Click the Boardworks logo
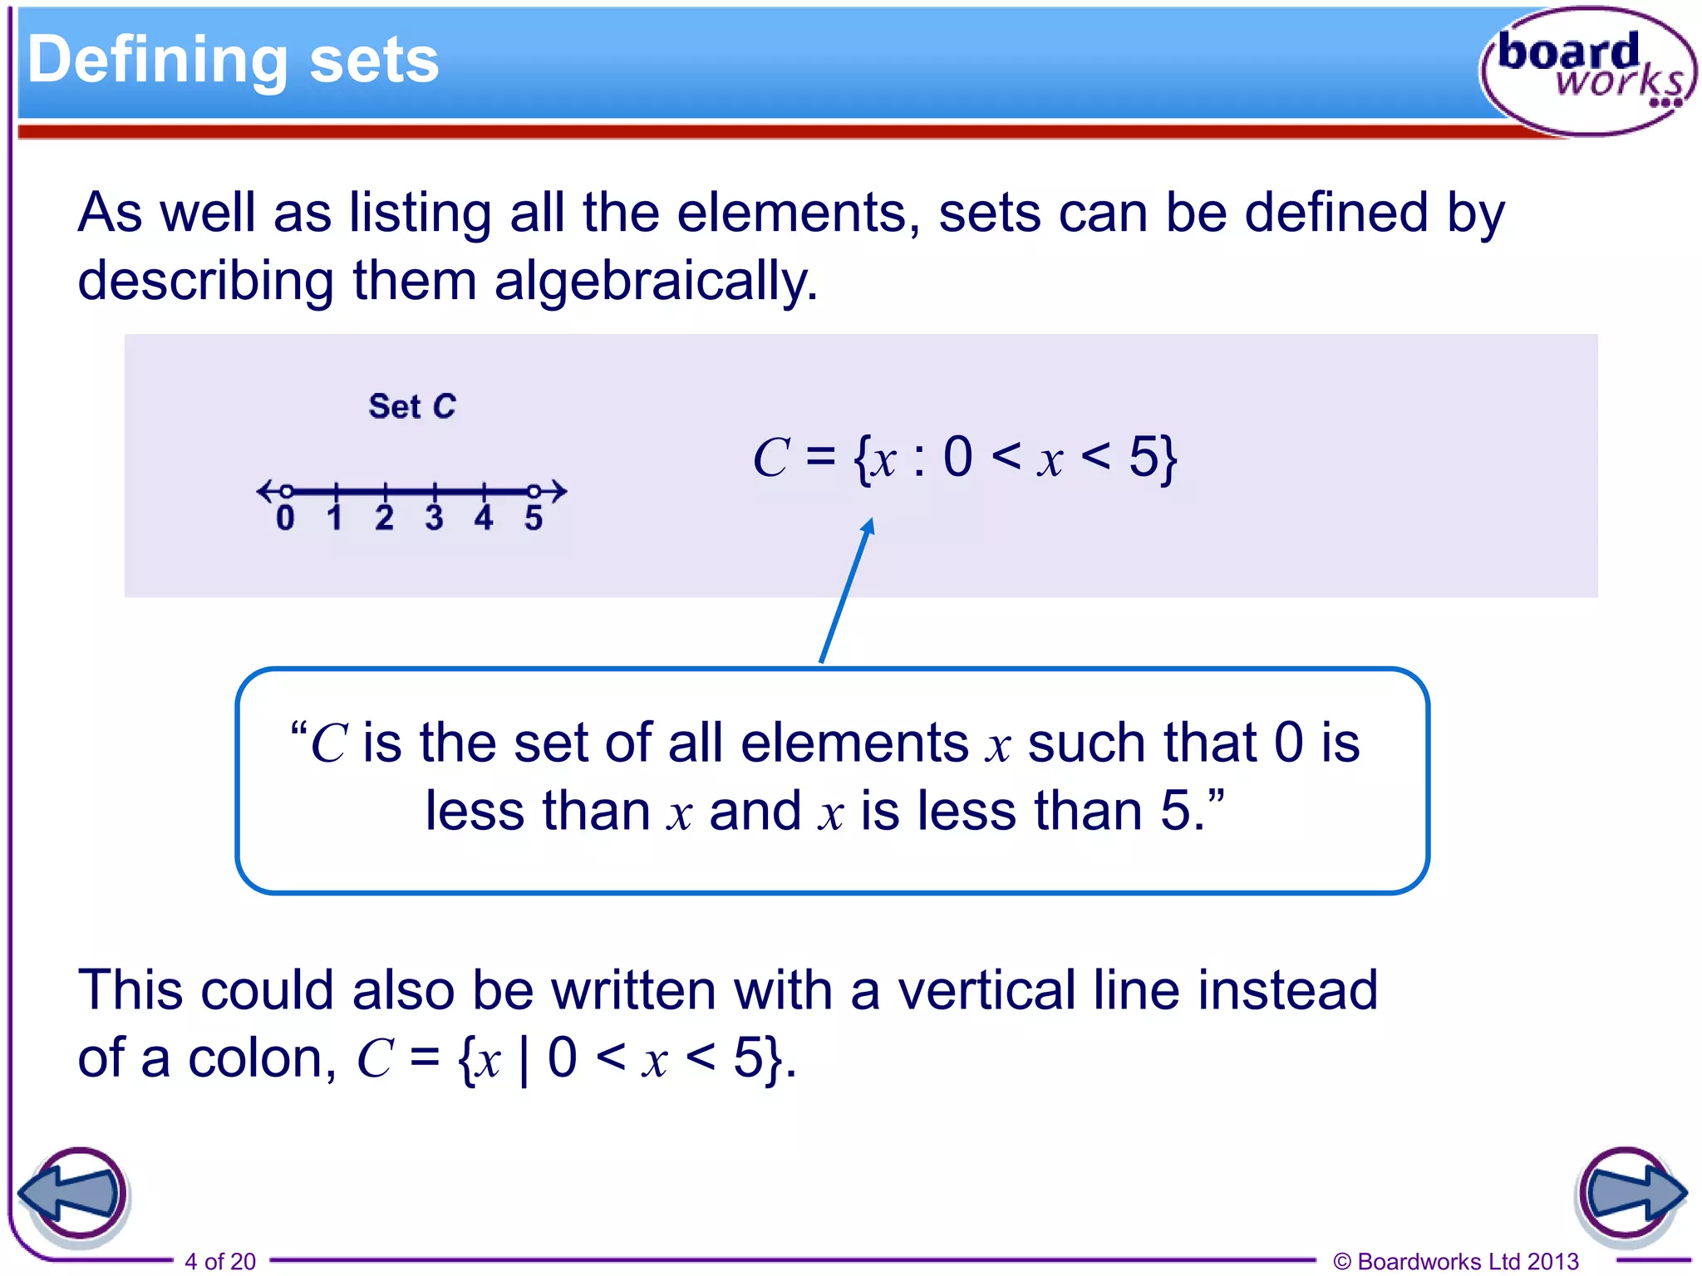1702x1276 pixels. click(1587, 71)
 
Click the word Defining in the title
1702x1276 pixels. click(157, 60)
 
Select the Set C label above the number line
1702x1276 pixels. click(412, 406)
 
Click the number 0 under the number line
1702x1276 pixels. click(285, 518)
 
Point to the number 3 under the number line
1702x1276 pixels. click(434, 518)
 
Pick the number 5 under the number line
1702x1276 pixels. click(534, 518)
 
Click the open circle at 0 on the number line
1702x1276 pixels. click(286, 491)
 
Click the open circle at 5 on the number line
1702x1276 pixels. click(534, 491)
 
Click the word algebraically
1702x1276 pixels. click(656, 281)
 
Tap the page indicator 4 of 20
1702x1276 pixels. click(220, 1261)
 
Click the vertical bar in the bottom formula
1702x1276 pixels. click(524, 1060)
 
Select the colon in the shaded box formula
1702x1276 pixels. click(918, 460)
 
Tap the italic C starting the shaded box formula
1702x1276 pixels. click(770, 459)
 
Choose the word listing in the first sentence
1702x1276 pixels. click(420, 213)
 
